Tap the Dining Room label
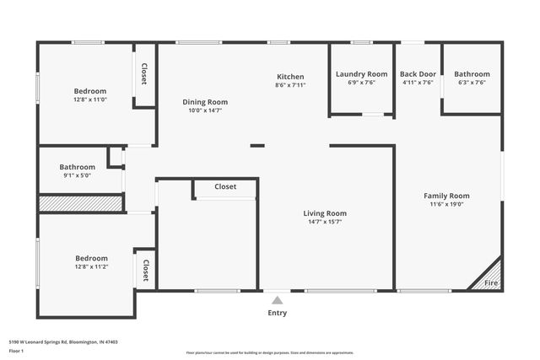[x=205, y=102]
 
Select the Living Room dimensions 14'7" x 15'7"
[x=325, y=223]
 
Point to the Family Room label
[x=446, y=196]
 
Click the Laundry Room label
[x=361, y=74]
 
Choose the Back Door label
[x=418, y=74]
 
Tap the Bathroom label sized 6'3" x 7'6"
[x=471, y=74]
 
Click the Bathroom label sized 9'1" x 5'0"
[x=77, y=167]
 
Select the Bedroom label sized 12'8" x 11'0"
[x=90, y=91]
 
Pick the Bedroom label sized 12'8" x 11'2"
[x=90, y=258]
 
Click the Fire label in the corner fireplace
[x=490, y=283]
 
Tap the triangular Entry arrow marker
[x=277, y=298]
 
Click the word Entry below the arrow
[x=277, y=313]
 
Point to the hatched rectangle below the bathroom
[x=80, y=203]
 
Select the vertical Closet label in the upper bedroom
[x=144, y=74]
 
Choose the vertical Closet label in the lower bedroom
[x=145, y=270]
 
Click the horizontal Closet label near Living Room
[x=225, y=186]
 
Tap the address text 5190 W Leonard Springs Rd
[x=63, y=341]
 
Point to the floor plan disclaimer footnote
[x=269, y=352]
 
